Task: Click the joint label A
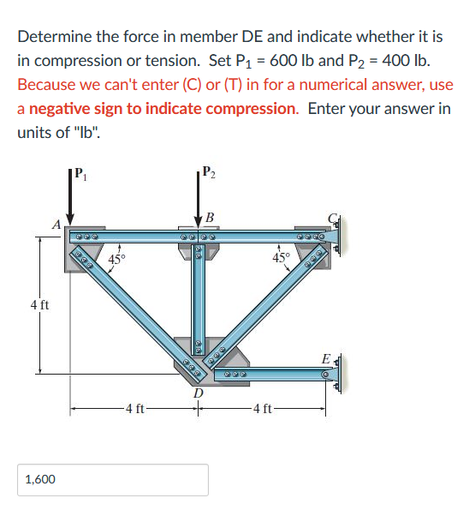pos(56,225)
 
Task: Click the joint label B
pos(210,218)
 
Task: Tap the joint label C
pos(332,218)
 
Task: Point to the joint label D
pos(199,393)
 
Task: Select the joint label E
pos(326,359)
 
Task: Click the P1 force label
pos(80,174)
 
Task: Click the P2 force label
pos(209,171)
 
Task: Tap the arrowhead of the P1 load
pos(70,219)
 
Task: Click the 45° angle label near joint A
pos(116,259)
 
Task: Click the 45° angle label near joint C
pos(282,257)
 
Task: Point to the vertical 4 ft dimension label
pos(39,304)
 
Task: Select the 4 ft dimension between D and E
pos(262,409)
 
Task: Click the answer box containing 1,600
pos(113,480)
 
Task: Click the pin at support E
pos(326,375)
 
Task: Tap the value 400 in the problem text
pos(395,61)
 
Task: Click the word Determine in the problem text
pos(55,36)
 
